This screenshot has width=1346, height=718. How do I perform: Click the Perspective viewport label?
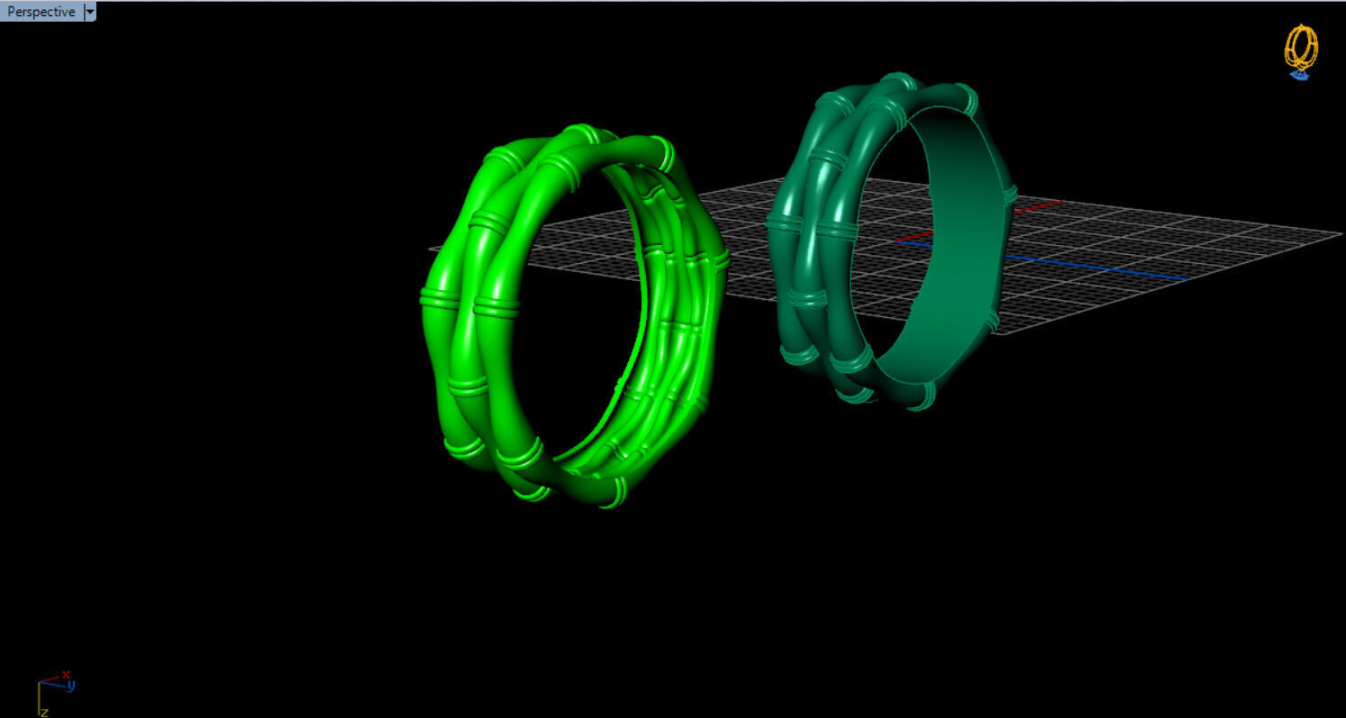pos(41,12)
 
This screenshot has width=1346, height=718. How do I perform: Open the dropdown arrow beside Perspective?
pos(89,12)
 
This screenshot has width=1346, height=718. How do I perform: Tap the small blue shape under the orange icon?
pos(1299,76)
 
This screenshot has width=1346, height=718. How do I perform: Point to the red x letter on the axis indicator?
pos(66,674)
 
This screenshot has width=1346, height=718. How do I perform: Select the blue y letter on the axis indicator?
pos(71,686)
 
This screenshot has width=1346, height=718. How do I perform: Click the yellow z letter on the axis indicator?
pos(44,712)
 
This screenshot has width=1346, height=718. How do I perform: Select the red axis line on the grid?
pos(1036,205)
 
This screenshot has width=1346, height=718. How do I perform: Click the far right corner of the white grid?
pos(1341,234)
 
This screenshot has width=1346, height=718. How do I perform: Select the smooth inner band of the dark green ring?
pos(946,252)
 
